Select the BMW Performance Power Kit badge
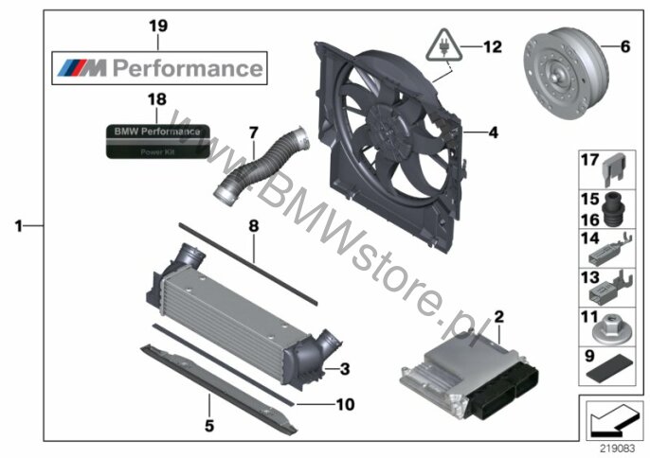158,141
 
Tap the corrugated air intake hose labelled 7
262,166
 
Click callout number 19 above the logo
158,26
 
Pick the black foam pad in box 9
609,368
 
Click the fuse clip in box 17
618,168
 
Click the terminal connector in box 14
609,250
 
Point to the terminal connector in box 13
610,288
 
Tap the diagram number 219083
618,448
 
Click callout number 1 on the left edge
18,226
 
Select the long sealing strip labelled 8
248,264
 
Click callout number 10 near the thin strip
345,404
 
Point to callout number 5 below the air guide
209,425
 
